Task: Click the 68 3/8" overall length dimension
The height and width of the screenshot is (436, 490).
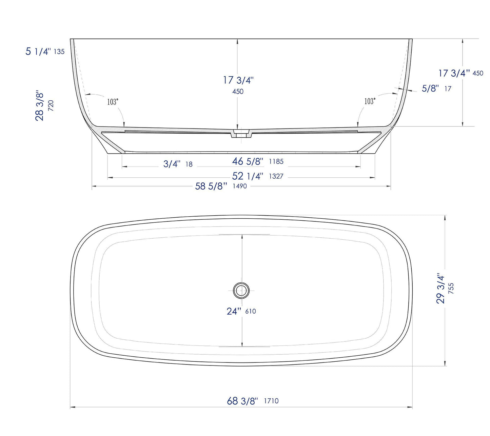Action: point(242,401)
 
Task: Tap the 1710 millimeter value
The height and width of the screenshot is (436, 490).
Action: point(271,401)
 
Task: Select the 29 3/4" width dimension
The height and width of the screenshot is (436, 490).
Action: point(440,288)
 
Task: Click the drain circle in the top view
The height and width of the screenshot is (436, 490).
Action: point(241,290)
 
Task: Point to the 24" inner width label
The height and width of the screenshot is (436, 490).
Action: point(234,311)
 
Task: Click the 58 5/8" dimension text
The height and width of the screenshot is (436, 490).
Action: point(211,186)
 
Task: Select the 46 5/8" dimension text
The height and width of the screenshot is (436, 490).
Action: point(248,161)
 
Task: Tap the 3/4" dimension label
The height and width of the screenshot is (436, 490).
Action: point(172,164)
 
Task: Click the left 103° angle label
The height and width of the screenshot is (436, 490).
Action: point(113,102)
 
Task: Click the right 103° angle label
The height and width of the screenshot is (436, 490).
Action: point(370,101)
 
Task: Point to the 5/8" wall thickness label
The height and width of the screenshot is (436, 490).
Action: point(430,88)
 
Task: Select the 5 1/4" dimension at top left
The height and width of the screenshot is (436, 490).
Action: point(38,52)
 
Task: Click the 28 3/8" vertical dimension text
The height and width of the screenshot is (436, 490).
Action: point(40,106)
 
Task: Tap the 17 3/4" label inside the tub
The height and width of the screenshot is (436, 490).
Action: point(238,80)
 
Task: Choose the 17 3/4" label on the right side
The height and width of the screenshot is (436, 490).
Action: point(454,73)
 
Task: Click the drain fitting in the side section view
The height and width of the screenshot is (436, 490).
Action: point(241,133)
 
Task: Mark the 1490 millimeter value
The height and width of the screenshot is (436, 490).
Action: point(239,186)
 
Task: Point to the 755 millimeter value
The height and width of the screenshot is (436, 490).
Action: point(451,288)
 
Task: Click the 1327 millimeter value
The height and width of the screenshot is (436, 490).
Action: point(276,176)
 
